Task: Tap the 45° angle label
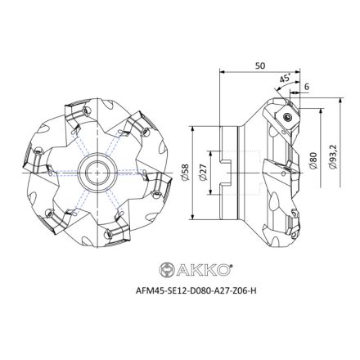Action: point(284,79)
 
